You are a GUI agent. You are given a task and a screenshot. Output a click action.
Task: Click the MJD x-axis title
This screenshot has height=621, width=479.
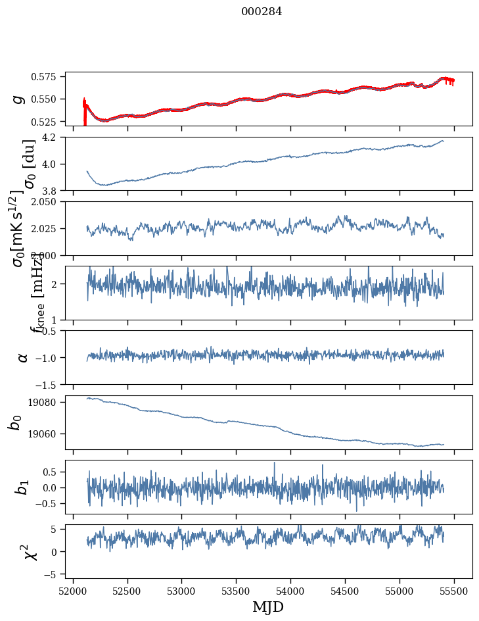[x=268, y=607]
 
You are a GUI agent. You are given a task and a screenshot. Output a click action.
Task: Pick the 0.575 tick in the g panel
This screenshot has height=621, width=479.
[x=49, y=77]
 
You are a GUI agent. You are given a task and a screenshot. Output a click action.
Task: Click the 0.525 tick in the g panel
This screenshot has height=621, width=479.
[x=49, y=122]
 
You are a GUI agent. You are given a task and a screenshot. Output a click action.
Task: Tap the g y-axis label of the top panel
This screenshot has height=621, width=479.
[x=19, y=99]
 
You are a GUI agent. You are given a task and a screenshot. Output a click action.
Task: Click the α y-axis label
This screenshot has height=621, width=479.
[x=23, y=357]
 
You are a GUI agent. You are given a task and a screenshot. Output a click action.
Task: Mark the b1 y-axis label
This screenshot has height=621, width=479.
[x=22, y=487]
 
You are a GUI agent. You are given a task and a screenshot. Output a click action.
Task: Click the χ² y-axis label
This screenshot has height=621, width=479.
[x=30, y=551]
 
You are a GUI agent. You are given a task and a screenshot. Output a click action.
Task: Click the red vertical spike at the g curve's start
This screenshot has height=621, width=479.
[x=85, y=112]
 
